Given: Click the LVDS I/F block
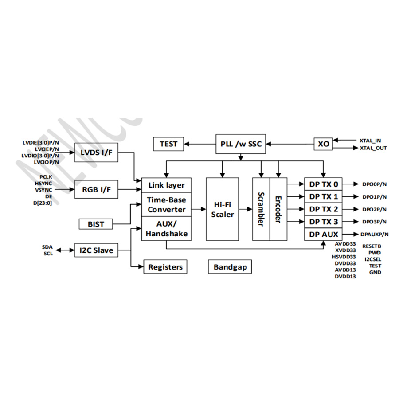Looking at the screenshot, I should (96, 153).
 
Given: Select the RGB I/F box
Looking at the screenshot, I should (96, 190).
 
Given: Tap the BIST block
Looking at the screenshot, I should (96, 224).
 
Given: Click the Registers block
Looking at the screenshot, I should (165, 267).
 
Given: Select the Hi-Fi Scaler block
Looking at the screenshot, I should (222, 209).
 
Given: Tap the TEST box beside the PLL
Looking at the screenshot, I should (168, 144).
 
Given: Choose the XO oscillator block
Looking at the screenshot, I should (324, 144).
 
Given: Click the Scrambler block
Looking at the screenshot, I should (261, 209).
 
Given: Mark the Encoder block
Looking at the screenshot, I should (278, 209).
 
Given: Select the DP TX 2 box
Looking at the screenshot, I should (323, 209).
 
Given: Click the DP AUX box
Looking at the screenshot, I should (323, 234).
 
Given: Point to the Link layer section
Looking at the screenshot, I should (166, 184).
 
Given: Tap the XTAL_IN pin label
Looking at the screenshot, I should (370, 140).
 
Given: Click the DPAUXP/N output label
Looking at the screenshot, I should (374, 234).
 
